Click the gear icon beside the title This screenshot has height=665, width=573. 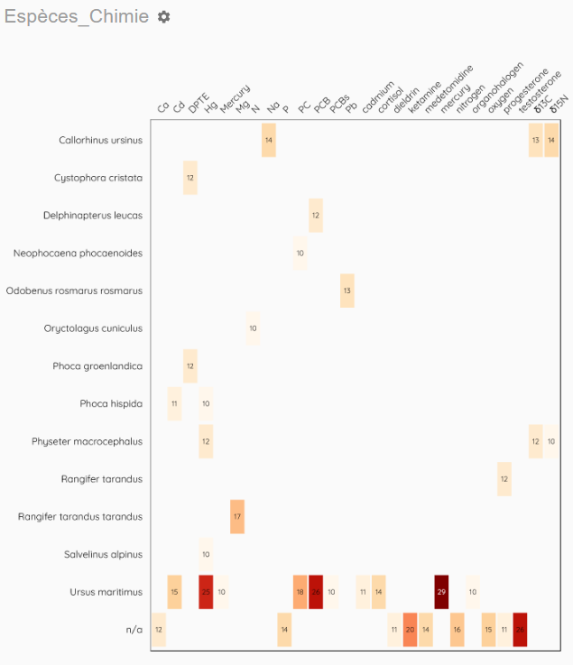(163, 17)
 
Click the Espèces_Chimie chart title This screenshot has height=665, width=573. (77, 17)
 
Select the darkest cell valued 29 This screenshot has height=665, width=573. (441, 592)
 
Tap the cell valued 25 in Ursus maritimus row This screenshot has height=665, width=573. (206, 592)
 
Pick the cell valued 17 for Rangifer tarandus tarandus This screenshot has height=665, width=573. (237, 516)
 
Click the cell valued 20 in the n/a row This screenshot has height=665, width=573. (410, 630)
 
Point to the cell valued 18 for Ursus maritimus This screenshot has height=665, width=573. (300, 592)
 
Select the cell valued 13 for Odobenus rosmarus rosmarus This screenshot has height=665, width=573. (347, 291)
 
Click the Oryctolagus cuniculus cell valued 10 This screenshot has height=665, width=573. (253, 328)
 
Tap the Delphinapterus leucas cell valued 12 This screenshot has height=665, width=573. (316, 216)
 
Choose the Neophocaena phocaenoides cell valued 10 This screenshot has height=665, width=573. (300, 254)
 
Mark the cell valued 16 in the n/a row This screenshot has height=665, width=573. (457, 630)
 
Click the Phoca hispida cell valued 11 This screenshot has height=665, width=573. (174, 403)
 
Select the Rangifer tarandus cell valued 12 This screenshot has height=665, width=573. (504, 478)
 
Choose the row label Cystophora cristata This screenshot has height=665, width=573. (98, 178)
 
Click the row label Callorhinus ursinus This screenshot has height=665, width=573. (101, 140)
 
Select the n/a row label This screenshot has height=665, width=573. (134, 630)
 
